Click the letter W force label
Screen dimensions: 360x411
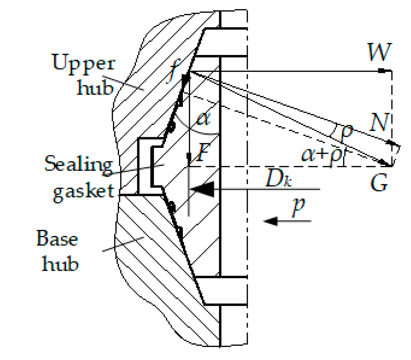[x=379, y=52]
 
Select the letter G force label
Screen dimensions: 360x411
[x=379, y=183]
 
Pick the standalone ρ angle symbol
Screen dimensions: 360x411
[x=346, y=132]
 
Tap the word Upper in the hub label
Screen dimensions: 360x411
[x=83, y=63]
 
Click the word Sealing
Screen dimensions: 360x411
[x=79, y=164]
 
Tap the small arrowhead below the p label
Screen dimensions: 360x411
[x=271, y=221]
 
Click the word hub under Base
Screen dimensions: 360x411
[x=60, y=264]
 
